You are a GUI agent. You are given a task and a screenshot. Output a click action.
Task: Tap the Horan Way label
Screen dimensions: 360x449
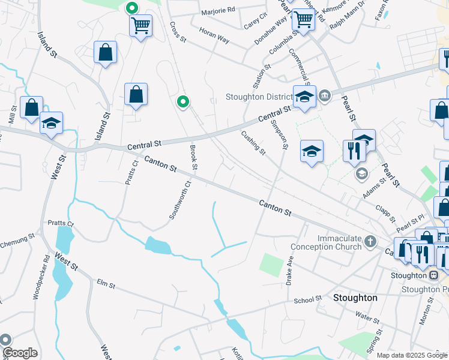click(x=214, y=38)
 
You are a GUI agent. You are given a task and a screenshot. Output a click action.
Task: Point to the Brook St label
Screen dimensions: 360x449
click(x=193, y=157)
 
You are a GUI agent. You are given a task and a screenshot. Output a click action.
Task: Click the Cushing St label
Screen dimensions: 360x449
click(x=254, y=143)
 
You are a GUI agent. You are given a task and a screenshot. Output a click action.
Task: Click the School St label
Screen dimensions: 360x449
click(x=309, y=300)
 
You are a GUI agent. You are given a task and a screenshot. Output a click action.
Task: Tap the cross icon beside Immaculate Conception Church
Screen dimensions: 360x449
click(x=371, y=242)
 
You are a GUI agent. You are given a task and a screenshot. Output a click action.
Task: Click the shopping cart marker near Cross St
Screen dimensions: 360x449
click(x=140, y=26)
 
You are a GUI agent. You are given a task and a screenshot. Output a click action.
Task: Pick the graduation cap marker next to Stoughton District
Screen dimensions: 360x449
click(x=304, y=96)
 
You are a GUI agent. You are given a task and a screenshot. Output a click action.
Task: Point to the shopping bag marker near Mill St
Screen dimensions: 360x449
click(x=31, y=107)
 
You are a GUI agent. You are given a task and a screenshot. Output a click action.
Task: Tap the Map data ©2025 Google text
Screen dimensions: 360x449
click(x=411, y=355)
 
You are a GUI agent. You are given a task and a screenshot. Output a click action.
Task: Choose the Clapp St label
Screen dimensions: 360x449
click(x=382, y=211)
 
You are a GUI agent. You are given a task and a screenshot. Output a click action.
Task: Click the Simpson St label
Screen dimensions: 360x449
click(x=280, y=134)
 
